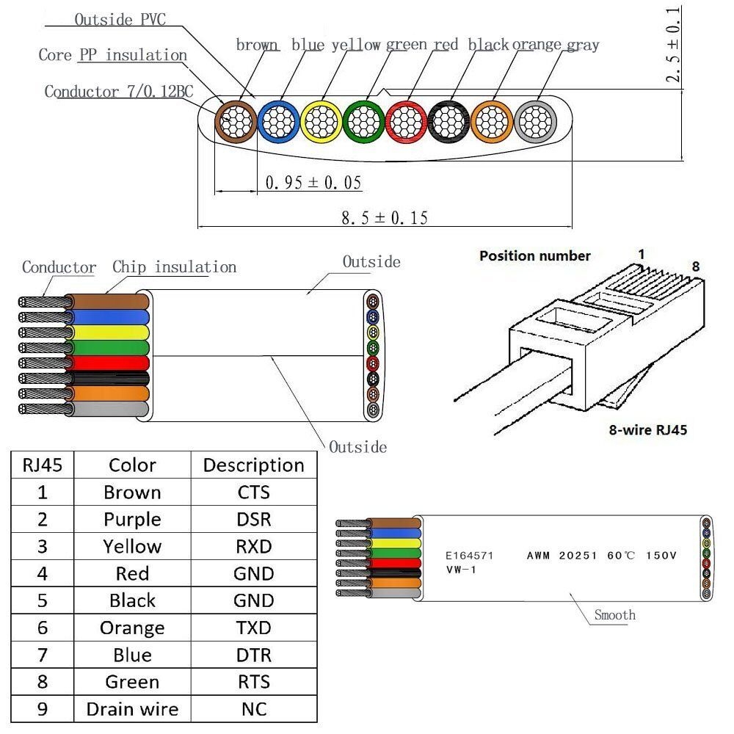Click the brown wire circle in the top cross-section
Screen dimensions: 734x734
coord(235,120)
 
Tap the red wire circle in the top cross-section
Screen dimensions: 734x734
coord(406,120)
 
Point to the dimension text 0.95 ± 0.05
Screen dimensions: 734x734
coord(313,182)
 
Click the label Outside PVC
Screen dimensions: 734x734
coord(120,20)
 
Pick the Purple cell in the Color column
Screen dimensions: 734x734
coord(132,520)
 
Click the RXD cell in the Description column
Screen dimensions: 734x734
coord(253,547)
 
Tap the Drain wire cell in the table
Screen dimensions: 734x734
coord(132,709)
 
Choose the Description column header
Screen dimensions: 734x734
coord(253,465)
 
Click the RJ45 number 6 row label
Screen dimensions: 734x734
coord(43,628)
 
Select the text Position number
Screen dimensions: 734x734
coord(534,256)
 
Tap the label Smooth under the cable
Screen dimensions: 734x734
coord(615,615)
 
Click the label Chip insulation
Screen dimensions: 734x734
coord(174,267)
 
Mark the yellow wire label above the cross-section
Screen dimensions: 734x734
coord(356,45)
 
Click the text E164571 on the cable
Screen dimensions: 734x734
coord(470,556)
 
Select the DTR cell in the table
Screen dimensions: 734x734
coord(253,655)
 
